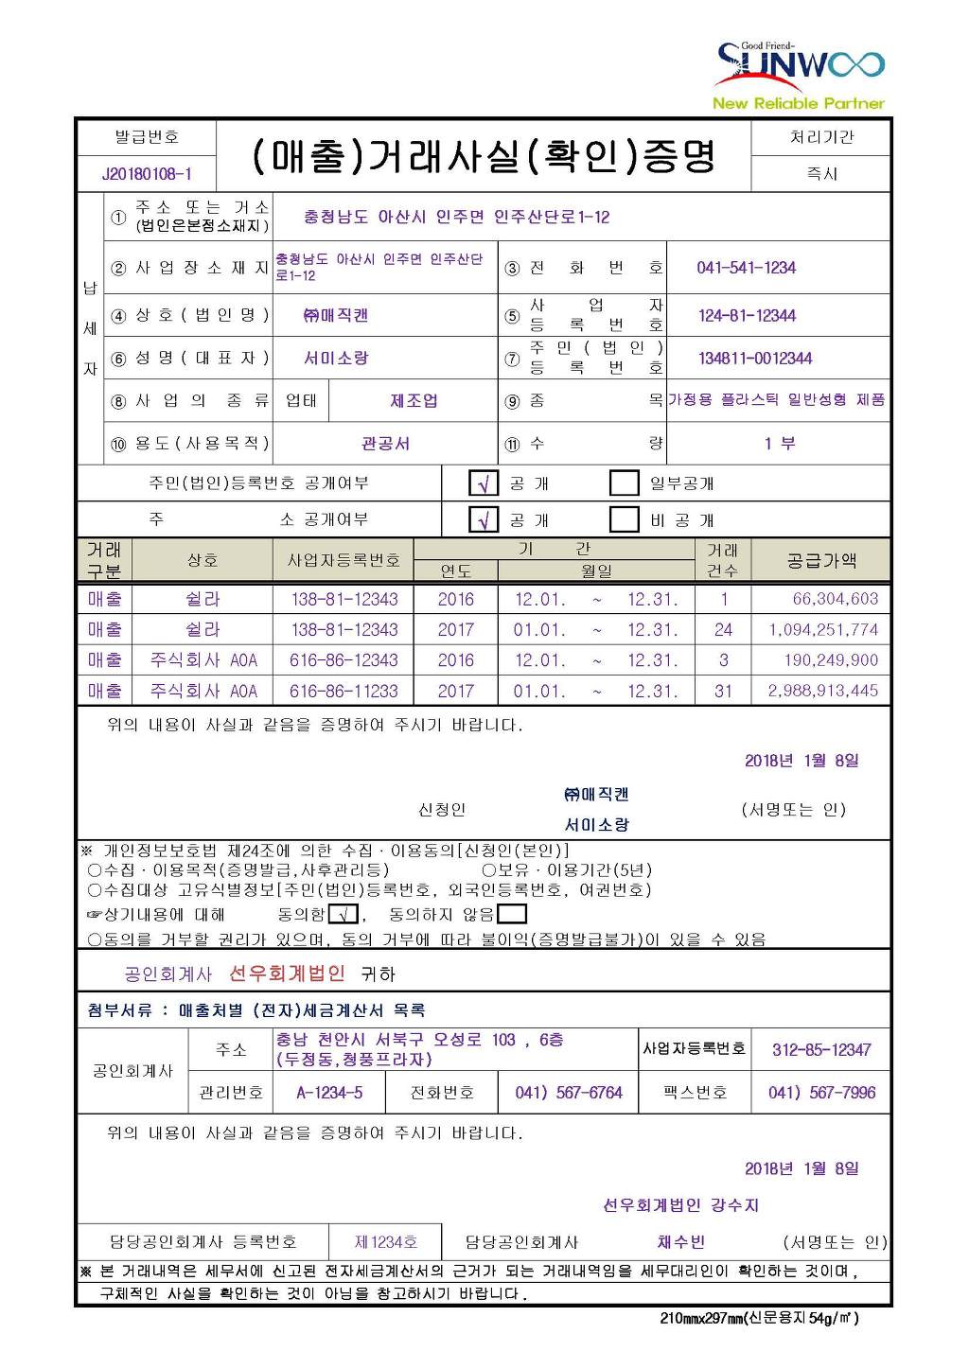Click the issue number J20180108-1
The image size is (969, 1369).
click(147, 174)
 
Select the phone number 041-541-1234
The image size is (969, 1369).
click(746, 268)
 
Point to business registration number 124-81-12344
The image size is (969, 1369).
click(747, 315)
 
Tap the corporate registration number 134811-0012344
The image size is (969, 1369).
click(754, 359)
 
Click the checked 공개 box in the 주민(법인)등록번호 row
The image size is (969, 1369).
click(484, 483)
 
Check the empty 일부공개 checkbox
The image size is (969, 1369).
click(624, 483)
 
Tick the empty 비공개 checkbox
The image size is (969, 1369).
click(624, 519)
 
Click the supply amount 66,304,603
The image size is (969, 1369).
click(835, 599)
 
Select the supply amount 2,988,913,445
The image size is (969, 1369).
click(823, 691)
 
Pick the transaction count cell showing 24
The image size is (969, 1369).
click(723, 629)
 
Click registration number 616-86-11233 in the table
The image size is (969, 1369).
click(344, 691)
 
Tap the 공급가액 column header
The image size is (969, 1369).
click(821, 560)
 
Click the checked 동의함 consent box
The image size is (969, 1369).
click(344, 914)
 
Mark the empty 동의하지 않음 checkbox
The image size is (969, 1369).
click(511, 914)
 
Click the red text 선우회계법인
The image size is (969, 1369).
click(287, 973)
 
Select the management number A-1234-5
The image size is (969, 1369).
click(329, 1093)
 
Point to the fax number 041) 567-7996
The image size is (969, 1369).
click(821, 1093)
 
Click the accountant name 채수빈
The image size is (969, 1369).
click(680, 1242)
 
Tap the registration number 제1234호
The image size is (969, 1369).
click(385, 1242)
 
